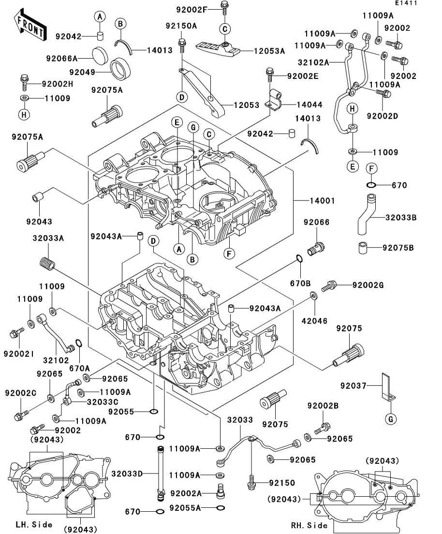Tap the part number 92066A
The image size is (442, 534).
[x=62, y=59]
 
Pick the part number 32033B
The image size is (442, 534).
[x=401, y=218]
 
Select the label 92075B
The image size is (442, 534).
[x=398, y=248]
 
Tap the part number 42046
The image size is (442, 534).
[x=315, y=320]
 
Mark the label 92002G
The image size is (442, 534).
[x=368, y=286]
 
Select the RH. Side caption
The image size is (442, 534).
[x=309, y=525]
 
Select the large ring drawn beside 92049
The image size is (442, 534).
[x=121, y=68]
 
